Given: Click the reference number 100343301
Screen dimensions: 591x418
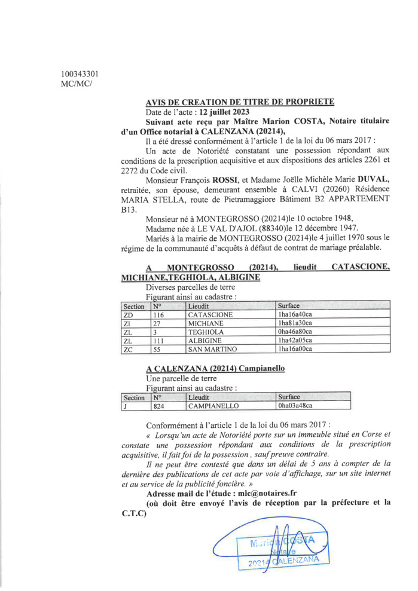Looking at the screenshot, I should (x=80, y=74).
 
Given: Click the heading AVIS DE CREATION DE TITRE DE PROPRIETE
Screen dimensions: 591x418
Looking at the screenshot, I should (x=240, y=102).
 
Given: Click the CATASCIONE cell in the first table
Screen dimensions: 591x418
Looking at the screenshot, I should (x=210, y=314).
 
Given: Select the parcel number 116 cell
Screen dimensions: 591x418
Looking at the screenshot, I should (x=158, y=314).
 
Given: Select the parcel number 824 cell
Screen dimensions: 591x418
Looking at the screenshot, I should (x=158, y=406).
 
